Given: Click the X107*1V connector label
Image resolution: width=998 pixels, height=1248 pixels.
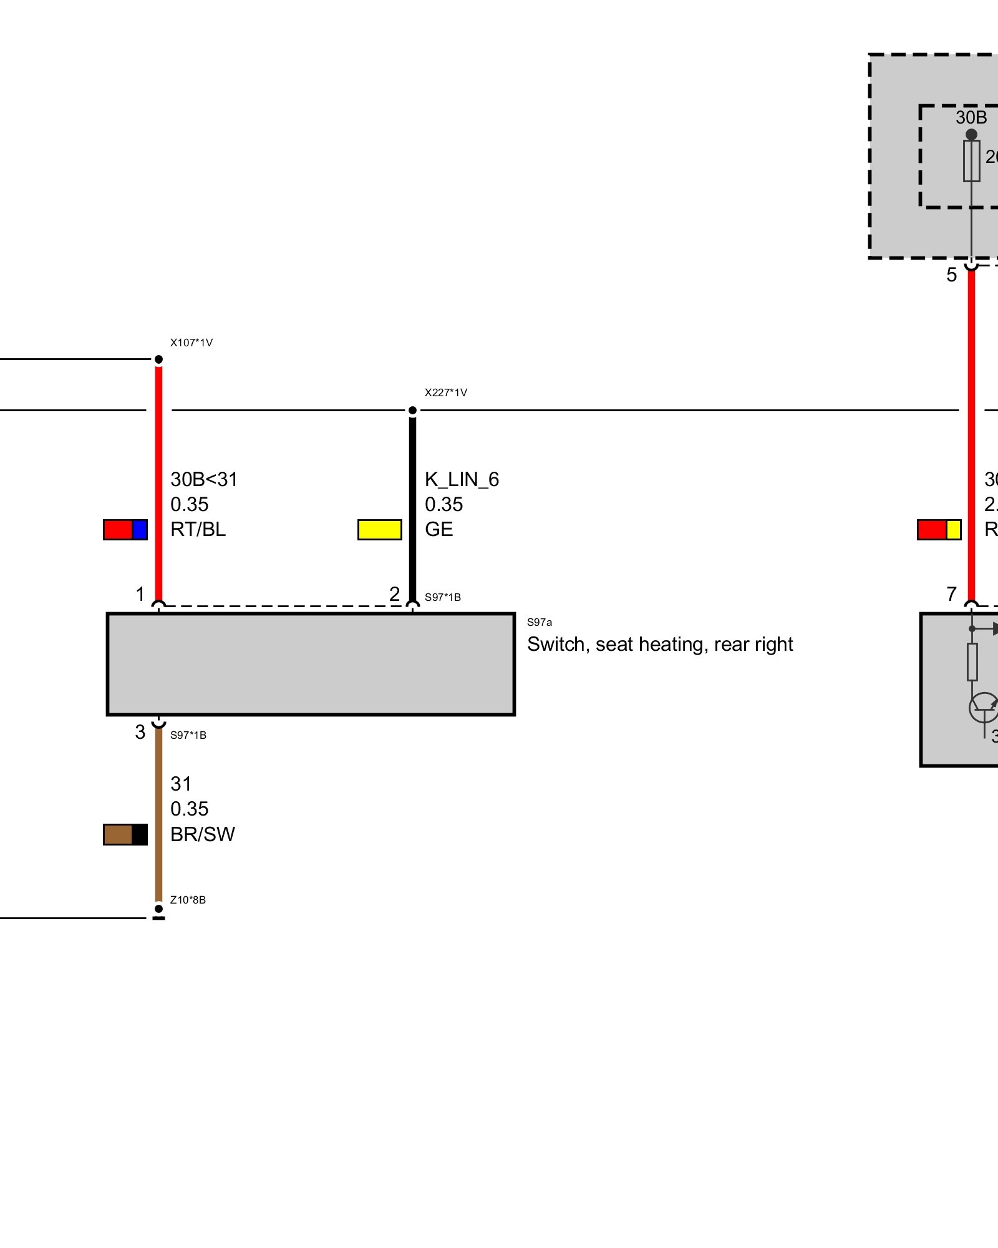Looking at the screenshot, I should coord(191,343).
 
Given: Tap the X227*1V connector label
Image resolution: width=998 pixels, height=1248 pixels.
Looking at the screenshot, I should coord(445,392).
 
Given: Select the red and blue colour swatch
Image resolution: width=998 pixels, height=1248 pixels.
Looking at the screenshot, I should coord(125,530).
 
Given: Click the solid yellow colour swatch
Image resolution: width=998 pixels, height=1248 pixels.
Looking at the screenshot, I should coord(379,530).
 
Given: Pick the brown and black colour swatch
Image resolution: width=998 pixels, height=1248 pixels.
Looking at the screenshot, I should coord(125,834).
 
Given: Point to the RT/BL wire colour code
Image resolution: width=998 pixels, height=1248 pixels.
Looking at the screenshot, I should coord(198,529).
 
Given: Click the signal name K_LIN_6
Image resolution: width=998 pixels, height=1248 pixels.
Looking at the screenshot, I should coord(462,479).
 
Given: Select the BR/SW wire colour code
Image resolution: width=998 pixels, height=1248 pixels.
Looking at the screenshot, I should coord(202,834).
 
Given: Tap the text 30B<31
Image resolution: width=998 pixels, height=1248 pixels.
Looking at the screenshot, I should coord(204,479).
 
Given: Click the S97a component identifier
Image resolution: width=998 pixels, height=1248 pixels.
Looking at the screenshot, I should coord(540,622).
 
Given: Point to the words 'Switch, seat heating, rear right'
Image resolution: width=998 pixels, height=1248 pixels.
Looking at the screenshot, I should coord(660,644).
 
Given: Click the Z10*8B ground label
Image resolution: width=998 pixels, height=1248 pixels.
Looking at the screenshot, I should coord(188,900).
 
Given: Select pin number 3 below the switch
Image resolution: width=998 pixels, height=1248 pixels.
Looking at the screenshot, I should coord(140,732).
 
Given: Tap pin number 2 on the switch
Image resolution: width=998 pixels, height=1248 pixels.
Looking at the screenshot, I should coord(394,594).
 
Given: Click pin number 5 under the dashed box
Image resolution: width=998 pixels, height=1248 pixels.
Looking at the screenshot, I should coord(951,275).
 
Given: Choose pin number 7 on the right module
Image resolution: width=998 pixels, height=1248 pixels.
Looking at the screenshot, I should coord(951,594).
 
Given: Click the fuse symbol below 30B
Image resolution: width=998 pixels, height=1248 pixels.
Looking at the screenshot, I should coord(971,161).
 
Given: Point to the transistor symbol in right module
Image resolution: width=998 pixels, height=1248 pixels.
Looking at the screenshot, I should coord(983,708).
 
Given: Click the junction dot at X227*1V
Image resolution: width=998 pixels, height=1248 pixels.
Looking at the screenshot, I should coord(412,411).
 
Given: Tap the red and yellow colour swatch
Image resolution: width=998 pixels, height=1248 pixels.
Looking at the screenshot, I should coord(939,530).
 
